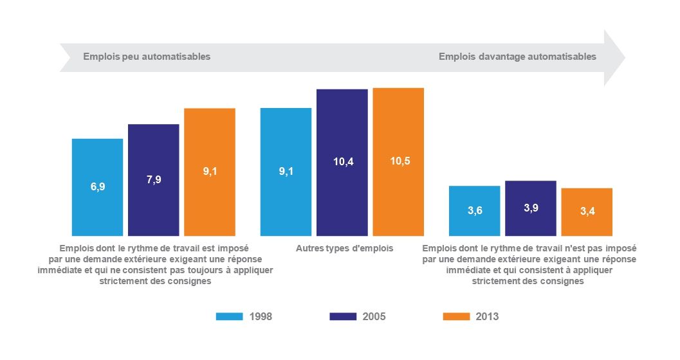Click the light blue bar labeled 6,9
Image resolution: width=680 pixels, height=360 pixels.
pyautogui.click(x=97, y=187)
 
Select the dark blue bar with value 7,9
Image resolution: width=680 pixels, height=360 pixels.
pyautogui.click(x=153, y=179)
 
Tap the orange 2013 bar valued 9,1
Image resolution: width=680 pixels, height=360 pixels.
pyautogui.click(x=210, y=172)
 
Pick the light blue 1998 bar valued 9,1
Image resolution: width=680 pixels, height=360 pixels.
pyautogui.click(x=286, y=172)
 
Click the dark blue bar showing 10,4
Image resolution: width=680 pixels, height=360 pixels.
pyautogui.click(x=342, y=162)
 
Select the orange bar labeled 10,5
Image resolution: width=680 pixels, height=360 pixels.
pyautogui.click(x=398, y=161)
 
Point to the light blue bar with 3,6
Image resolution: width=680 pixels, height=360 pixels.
pyautogui.click(x=474, y=210)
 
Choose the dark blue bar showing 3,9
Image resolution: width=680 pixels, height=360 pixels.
pyautogui.click(x=531, y=208)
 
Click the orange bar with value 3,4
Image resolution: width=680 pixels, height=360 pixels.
pyautogui.click(x=587, y=212)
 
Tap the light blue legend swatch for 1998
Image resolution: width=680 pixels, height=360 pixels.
pyautogui.click(x=229, y=316)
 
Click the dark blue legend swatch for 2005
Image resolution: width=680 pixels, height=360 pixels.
pyautogui.click(x=343, y=316)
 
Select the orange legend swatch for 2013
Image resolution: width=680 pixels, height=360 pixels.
pyautogui.click(x=456, y=316)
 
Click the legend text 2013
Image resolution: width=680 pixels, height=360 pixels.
pyautogui.click(x=487, y=316)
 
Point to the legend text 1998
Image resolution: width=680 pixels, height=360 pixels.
pyautogui.click(x=261, y=316)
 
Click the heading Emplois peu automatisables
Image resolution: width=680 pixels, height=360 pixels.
pyautogui.click(x=147, y=57)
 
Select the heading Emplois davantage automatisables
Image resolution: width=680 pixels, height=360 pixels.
pyautogui.click(x=517, y=57)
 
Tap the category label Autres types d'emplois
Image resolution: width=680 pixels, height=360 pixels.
pyautogui.click(x=344, y=248)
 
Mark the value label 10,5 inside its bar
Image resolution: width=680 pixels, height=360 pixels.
pyautogui.click(x=399, y=161)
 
